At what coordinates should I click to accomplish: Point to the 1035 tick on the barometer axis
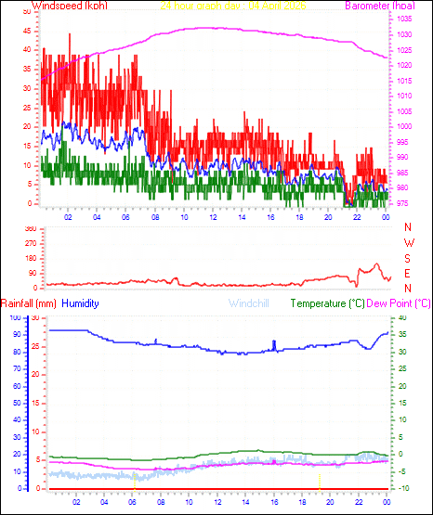point(400,19)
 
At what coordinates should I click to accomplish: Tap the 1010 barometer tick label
point(400,96)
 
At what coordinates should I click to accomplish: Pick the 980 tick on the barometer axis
point(400,187)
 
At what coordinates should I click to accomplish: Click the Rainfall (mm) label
point(29,303)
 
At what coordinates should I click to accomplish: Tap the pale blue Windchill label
point(246,303)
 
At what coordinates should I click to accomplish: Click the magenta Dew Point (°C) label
point(400,303)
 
